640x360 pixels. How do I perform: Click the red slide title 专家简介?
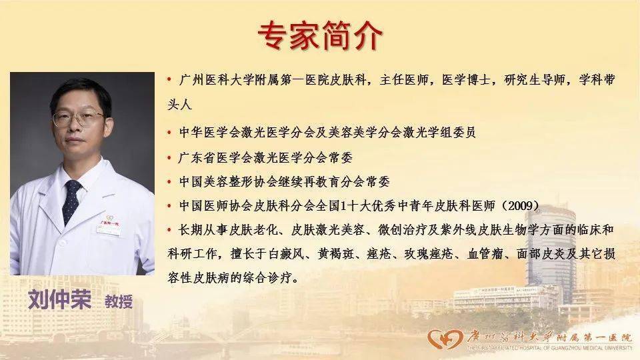[319, 36]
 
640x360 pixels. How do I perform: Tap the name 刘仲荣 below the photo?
[59, 299]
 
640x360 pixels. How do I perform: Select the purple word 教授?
[119, 301]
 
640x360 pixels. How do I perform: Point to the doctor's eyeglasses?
[79, 119]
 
